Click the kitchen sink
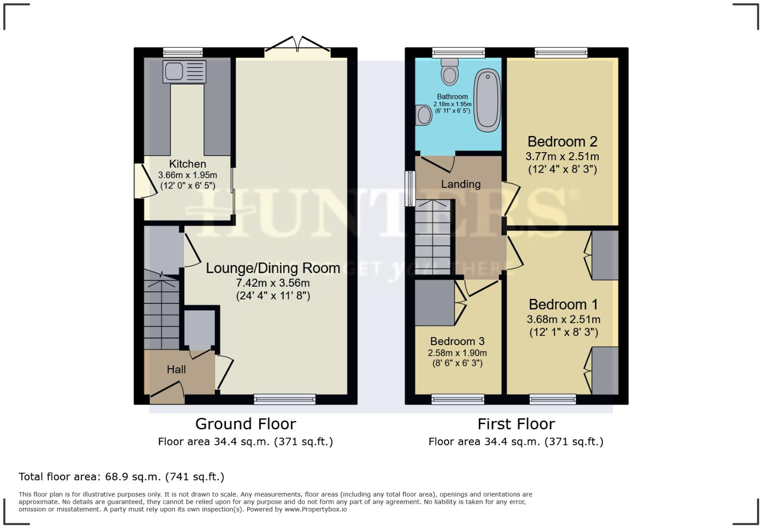coord(184,72)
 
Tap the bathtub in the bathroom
coord(487,101)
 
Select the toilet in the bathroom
coord(449,72)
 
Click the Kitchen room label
coord(187,164)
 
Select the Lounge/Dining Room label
coord(273,268)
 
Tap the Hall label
coord(176,369)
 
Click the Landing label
coord(461,184)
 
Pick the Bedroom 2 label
coord(562,142)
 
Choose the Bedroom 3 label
coord(457,342)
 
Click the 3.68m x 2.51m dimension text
coord(563,319)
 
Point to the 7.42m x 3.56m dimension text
coord(273,283)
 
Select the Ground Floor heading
coord(245,424)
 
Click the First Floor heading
coord(516,424)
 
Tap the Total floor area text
coord(121,477)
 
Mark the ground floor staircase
coord(161,312)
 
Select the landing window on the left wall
coord(411,188)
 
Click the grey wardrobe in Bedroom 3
coord(434,302)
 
